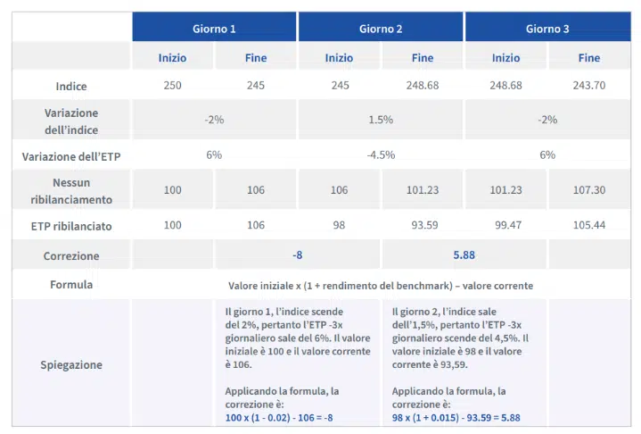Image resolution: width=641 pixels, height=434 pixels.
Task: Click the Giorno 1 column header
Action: [215, 29]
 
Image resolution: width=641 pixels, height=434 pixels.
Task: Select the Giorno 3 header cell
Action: [547, 29]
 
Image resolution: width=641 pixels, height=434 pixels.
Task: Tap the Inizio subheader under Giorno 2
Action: [339, 58]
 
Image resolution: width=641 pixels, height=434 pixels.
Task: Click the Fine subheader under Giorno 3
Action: [589, 58]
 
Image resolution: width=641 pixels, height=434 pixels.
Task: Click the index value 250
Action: [172, 86]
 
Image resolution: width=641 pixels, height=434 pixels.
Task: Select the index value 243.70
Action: [589, 86]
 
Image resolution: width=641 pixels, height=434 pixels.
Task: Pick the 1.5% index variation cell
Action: [381, 120]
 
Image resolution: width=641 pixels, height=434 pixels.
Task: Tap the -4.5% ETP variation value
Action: [381, 154]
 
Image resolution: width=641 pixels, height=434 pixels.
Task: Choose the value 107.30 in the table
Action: [589, 190]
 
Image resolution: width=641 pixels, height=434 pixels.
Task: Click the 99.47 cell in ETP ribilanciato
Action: [505, 225]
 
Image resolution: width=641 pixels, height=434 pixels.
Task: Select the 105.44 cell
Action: [589, 225]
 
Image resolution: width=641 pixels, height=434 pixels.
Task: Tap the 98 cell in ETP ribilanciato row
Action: [339, 225]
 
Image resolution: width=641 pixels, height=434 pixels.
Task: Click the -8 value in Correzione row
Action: [298, 255]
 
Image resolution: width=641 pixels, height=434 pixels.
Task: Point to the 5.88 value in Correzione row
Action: [464, 255]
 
